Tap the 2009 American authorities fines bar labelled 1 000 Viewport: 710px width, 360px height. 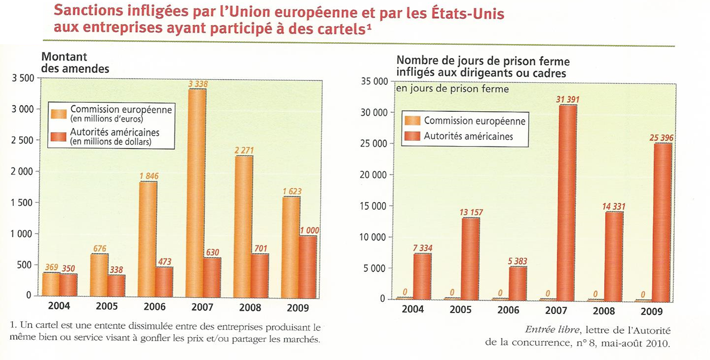click(307, 265)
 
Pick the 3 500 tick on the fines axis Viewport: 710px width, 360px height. click(22, 78)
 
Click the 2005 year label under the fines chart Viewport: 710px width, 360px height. click(106, 307)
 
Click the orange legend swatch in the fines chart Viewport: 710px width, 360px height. click(58, 113)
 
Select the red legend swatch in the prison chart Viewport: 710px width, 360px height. click(412, 136)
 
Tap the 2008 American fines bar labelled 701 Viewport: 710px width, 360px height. click(259, 275)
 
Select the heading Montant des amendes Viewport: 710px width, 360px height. click(75, 63)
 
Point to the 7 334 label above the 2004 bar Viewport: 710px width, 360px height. click(423, 247)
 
